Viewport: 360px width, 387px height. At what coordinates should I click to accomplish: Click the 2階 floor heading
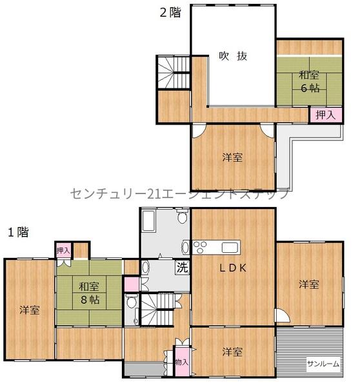170,12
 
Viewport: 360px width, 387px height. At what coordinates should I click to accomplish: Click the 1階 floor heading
17,232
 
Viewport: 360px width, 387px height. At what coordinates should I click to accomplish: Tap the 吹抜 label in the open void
233,55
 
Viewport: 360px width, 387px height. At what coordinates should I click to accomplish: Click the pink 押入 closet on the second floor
325,115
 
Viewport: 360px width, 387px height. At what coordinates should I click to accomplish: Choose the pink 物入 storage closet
181,362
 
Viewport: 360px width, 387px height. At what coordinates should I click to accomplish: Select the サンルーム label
323,364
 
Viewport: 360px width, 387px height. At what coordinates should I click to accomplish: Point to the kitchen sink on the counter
230,246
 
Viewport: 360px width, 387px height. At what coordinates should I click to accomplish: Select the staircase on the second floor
172,72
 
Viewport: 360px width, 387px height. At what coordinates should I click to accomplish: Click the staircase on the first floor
158,313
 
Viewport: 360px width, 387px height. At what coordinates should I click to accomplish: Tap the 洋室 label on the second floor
233,157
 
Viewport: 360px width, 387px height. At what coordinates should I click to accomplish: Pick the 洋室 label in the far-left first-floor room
29,310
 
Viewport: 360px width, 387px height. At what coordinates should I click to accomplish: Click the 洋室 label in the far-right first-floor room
309,284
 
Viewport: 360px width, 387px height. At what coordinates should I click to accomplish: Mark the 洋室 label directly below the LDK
233,352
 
